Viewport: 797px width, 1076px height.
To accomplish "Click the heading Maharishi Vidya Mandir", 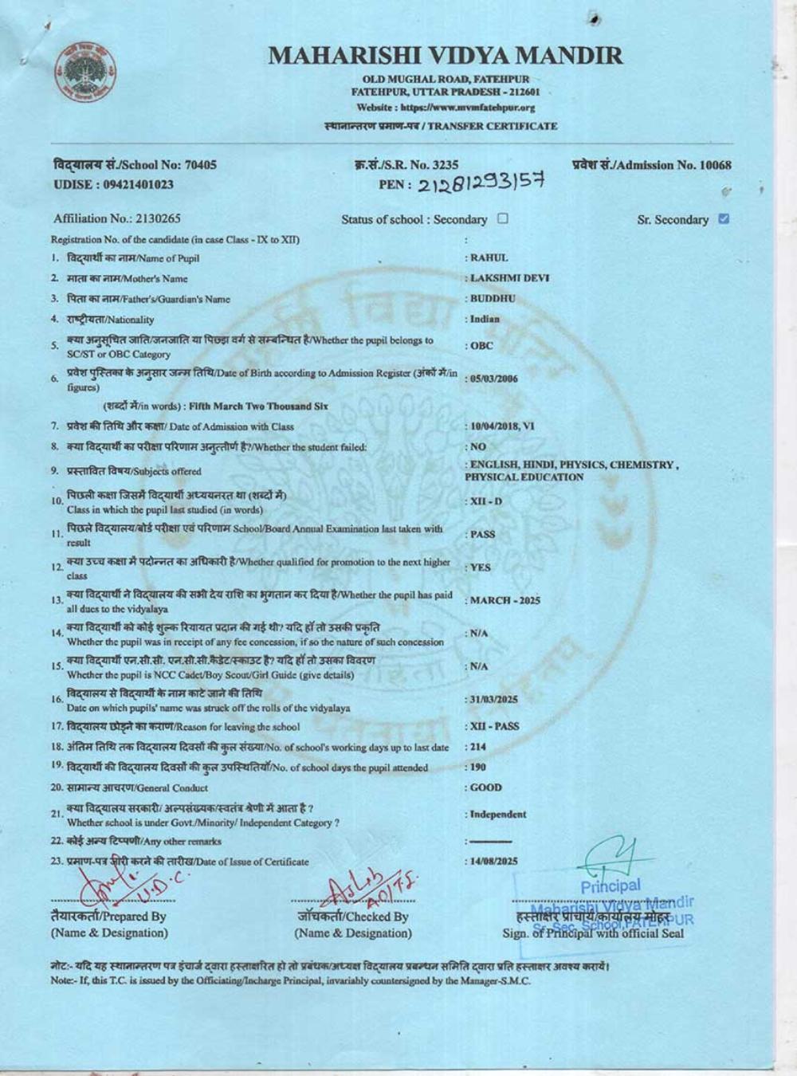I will tap(446, 55).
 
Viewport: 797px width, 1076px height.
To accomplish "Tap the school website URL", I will tap(446, 107).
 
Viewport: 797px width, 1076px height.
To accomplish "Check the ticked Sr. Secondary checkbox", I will tap(724, 218).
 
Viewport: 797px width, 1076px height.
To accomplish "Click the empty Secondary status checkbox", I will tap(502, 218).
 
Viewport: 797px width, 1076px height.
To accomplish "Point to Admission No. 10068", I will tap(652, 165).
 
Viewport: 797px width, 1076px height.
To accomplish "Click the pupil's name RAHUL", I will tap(489, 257).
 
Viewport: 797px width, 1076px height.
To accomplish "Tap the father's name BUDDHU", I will tap(493, 298).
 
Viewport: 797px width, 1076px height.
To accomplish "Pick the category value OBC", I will tap(481, 346).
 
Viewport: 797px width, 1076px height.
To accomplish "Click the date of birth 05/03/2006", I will tap(494, 379).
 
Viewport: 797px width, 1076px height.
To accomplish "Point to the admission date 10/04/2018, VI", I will tap(502, 426).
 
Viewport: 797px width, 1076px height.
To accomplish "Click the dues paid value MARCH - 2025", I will tap(505, 600).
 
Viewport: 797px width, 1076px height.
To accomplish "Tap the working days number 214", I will tap(477, 747).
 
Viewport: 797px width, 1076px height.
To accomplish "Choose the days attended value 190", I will tap(477, 767).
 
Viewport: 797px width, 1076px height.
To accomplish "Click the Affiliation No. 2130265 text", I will tap(117, 218).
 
